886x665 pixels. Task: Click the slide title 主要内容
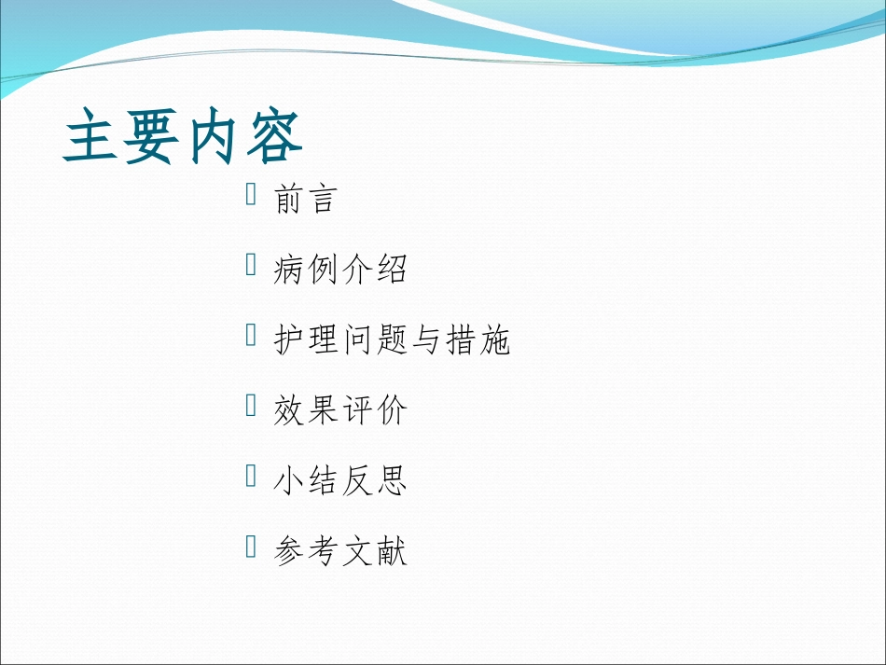[x=184, y=138]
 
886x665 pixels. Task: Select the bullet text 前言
[x=304, y=199]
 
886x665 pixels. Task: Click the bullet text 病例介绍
[x=340, y=270]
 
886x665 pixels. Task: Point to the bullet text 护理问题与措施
[x=392, y=340]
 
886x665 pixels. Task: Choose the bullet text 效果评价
[x=340, y=411]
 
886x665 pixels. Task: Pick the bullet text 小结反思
[x=340, y=481]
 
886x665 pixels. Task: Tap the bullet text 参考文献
[x=340, y=552]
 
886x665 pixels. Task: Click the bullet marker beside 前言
[x=251, y=195]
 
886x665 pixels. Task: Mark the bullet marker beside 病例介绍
[x=251, y=266]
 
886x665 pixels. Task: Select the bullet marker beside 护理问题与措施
[x=251, y=336]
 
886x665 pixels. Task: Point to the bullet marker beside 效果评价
[x=251, y=407]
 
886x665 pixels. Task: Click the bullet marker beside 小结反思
[x=251, y=477]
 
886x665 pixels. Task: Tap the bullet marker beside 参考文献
[x=251, y=547]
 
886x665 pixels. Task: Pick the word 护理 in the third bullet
[x=307, y=340]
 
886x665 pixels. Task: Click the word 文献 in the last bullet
[x=375, y=552]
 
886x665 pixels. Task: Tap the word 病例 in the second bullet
[x=307, y=270]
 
